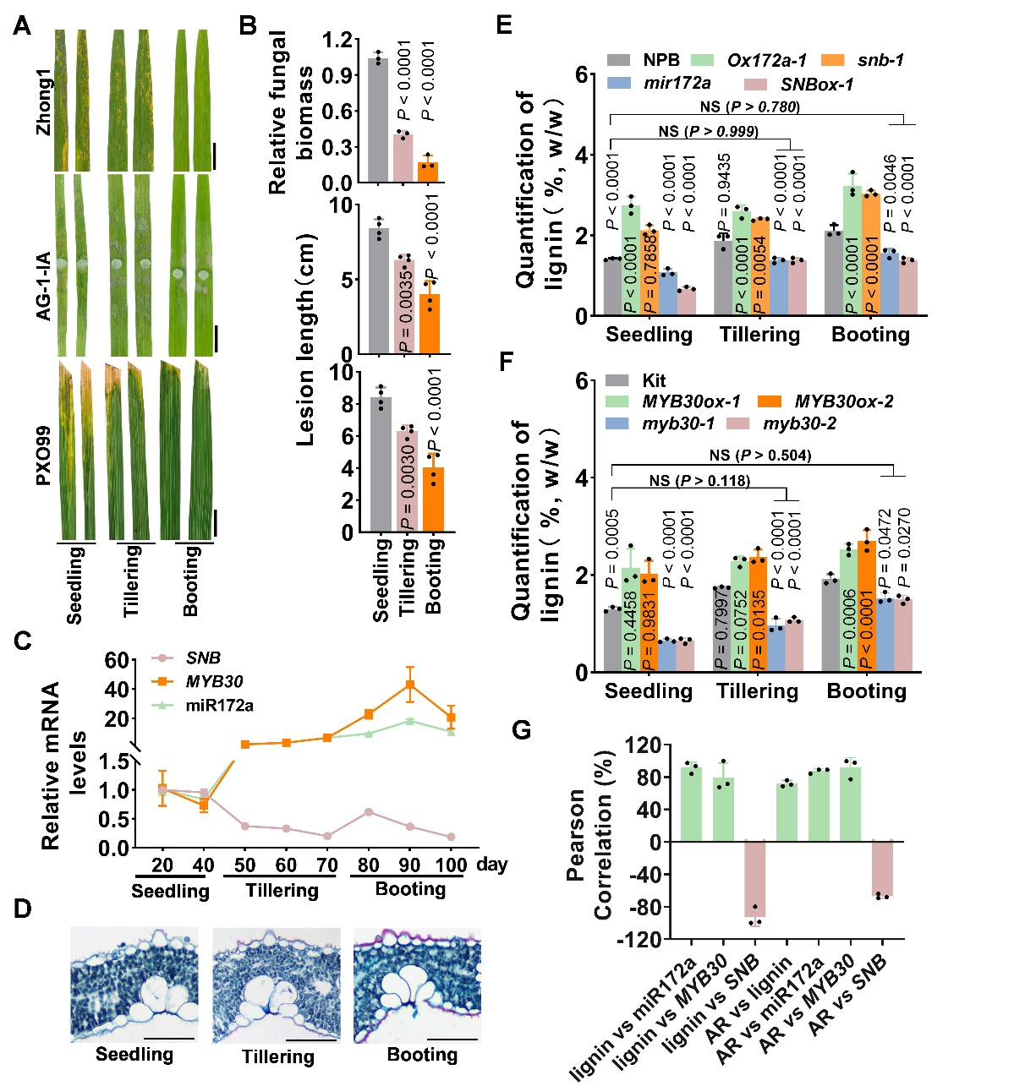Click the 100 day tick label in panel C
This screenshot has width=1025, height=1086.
tap(451, 865)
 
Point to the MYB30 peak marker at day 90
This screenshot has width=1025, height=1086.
tap(410, 685)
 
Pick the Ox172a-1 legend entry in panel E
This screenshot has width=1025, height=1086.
tap(766, 60)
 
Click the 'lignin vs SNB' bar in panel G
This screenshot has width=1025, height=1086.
tap(754, 879)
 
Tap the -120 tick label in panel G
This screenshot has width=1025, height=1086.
tap(643, 939)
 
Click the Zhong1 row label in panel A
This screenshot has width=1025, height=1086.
tap(41, 101)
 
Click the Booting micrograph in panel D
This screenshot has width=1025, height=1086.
tap(417, 985)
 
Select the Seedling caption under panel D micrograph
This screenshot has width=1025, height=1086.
tap(134, 1054)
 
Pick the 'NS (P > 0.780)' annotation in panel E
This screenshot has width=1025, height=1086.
tap(749, 106)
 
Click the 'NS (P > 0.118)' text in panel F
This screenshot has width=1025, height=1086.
tap(699, 481)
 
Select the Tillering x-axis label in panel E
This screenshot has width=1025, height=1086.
tap(759, 335)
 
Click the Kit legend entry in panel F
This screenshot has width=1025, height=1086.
tap(654, 380)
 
